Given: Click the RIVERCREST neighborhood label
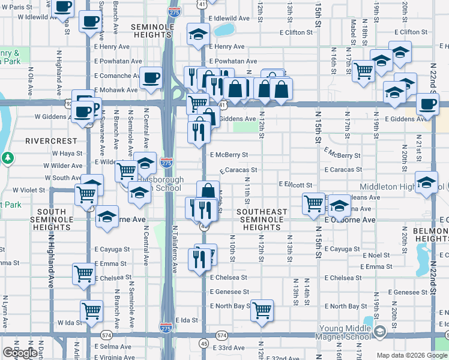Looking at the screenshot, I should click(x=51, y=140).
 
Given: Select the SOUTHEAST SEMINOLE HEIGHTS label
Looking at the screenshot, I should click(x=262, y=220).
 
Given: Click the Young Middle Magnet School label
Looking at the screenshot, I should click(x=336, y=332).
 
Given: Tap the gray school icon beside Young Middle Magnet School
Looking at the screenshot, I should click(x=379, y=332).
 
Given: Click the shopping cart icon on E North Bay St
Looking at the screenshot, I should click(x=262, y=311).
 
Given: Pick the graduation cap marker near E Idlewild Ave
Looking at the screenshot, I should click(x=197, y=35).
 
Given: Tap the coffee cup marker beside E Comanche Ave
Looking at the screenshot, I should click(x=151, y=77).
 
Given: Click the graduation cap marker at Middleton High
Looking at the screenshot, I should click(x=426, y=182).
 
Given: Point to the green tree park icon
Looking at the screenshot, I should click(x=7, y=158).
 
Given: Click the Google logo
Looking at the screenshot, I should click(x=20, y=353).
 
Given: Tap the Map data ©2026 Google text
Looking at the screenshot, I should click(x=412, y=355).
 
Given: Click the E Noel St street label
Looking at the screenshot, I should click(x=377, y=255).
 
